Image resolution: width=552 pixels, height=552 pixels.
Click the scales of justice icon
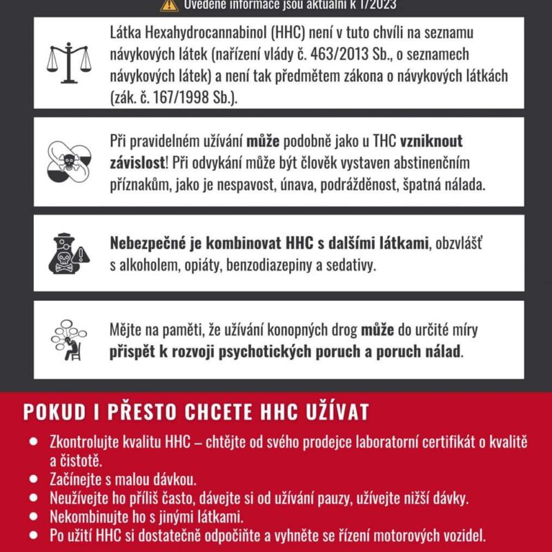pos(67,62)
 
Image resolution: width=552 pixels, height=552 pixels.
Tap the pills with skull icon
pos(68,161)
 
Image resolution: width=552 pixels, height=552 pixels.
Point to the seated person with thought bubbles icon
pos(68,339)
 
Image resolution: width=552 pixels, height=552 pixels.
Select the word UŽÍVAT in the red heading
pos(339,411)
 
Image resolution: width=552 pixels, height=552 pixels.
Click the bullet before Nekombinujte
pos(32,516)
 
